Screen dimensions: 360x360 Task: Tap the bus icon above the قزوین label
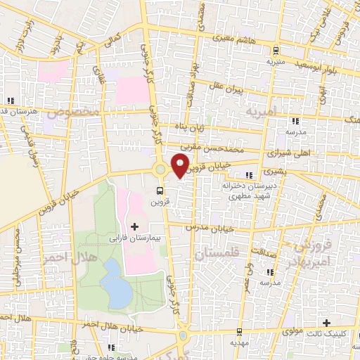click(x=161, y=190)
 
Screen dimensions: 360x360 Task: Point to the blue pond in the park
click(x=112, y=282)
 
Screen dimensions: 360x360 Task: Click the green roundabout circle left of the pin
click(x=160, y=169)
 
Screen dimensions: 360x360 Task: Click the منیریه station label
click(x=274, y=62)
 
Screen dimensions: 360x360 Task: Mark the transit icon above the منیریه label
click(x=275, y=50)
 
